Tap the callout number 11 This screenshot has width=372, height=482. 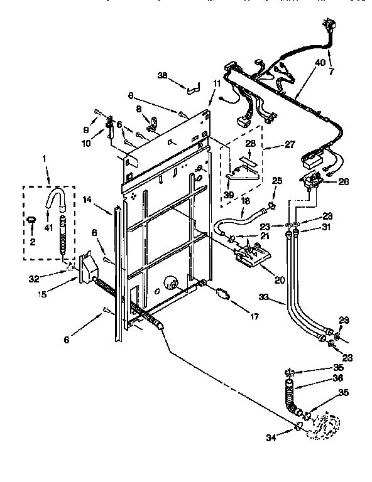(217, 83)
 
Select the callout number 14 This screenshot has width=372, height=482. (87, 199)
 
